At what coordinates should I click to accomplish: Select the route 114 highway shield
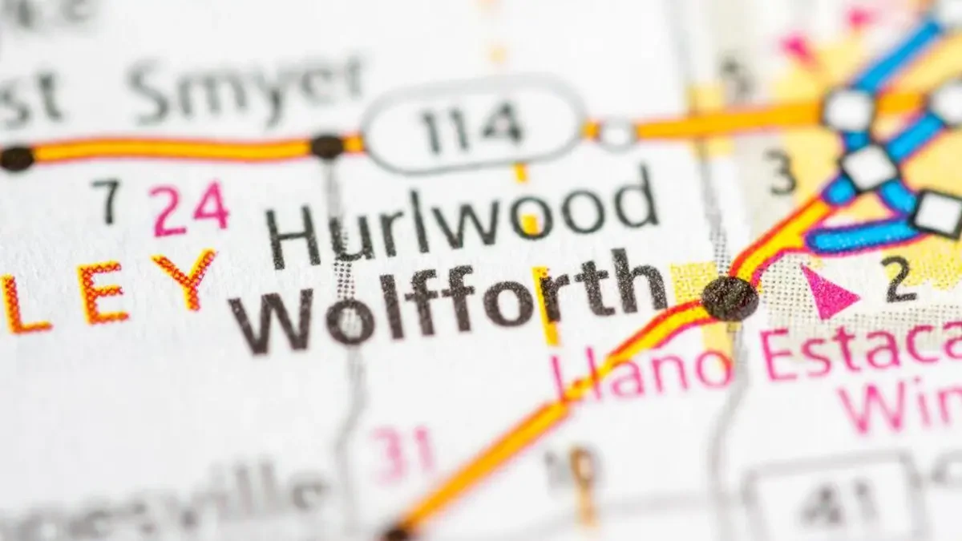click(x=472, y=123)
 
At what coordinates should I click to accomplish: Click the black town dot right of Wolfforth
click(x=729, y=298)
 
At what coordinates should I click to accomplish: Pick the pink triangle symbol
click(x=827, y=293)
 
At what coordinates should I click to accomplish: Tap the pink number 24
click(x=192, y=210)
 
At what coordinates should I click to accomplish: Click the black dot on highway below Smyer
click(x=327, y=147)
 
